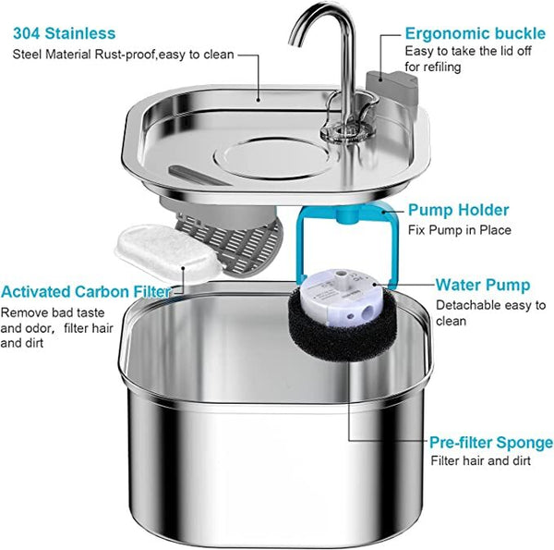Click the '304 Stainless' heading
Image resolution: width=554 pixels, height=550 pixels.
click(65, 34)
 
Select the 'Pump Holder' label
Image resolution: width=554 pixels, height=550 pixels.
click(456, 210)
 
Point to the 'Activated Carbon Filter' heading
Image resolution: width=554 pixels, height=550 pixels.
click(86, 292)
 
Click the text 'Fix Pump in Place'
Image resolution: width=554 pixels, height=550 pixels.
click(459, 230)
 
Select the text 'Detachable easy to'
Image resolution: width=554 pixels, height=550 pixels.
click(490, 305)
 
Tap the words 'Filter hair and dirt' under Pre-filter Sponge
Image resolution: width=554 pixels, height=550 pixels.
click(480, 460)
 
